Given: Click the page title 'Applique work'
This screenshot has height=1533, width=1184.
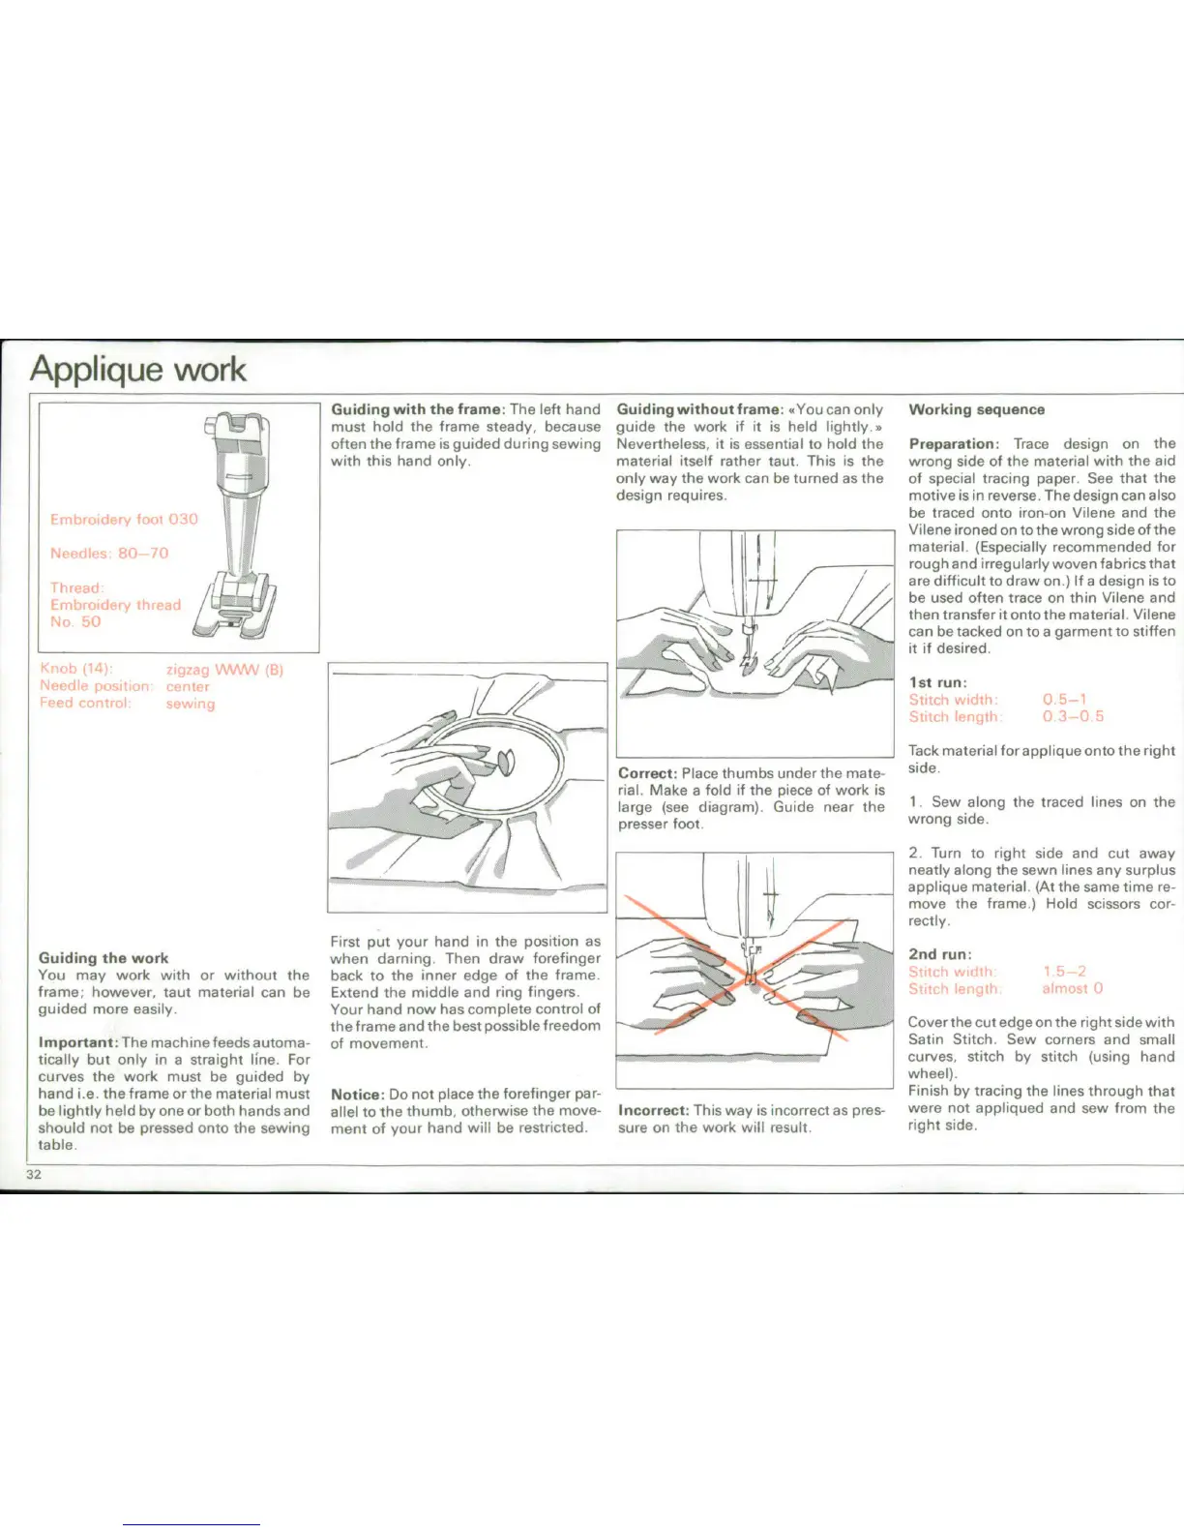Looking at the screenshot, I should pyautogui.click(x=137, y=370).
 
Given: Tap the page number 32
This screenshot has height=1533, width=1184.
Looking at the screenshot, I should pyautogui.click(x=34, y=1174).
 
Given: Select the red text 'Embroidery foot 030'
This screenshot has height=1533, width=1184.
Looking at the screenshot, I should pyautogui.click(x=124, y=519).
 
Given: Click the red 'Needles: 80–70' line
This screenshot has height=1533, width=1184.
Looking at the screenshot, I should pyautogui.click(x=109, y=553).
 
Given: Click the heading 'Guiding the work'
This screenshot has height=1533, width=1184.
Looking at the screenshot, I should pyautogui.click(x=104, y=957).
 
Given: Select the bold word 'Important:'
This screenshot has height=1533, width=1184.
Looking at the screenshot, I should pyautogui.click(x=77, y=1042).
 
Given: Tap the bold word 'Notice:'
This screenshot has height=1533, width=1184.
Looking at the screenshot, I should pyautogui.click(x=357, y=1094).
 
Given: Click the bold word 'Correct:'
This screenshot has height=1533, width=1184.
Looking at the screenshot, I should pyautogui.click(x=647, y=773).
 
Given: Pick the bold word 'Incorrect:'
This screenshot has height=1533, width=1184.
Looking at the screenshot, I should pyautogui.click(x=653, y=1110).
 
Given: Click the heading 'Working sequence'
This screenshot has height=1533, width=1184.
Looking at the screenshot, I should pyautogui.click(x=976, y=409).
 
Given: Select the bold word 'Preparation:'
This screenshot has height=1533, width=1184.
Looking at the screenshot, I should pyautogui.click(x=953, y=443).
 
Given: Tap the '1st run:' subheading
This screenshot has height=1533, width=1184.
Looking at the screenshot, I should pyautogui.click(x=936, y=682).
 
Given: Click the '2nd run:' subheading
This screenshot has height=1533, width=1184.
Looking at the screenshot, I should pyautogui.click(x=939, y=954).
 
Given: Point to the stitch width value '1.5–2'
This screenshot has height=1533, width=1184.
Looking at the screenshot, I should pyautogui.click(x=1064, y=971).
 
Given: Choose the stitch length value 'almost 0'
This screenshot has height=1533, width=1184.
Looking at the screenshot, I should pyautogui.click(x=1072, y=988).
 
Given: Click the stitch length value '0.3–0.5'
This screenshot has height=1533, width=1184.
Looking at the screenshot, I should pyautogui.click(x=1073, y=716).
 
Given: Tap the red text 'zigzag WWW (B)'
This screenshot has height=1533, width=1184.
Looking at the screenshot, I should pyautogui.click(x=224, y=670).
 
